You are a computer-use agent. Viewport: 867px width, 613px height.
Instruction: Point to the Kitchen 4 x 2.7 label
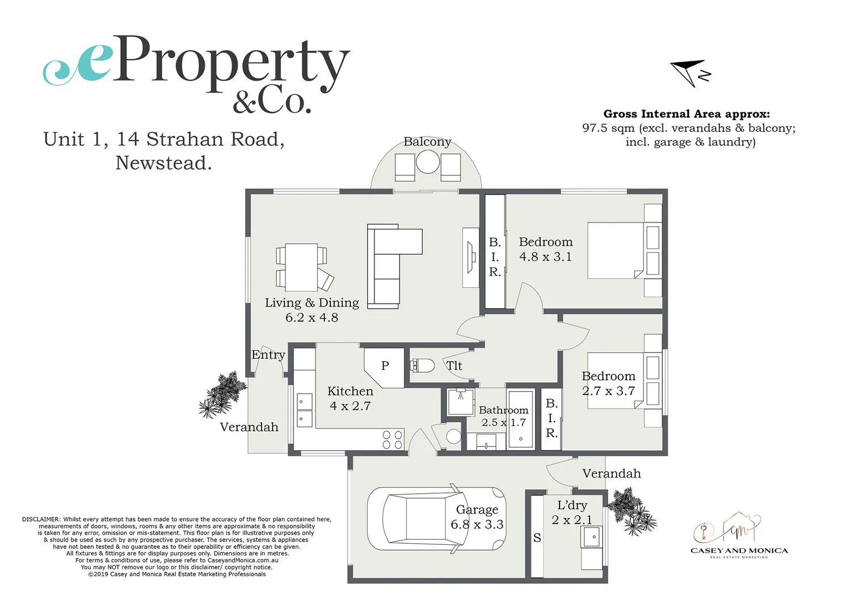350,398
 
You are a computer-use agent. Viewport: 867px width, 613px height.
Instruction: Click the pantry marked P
385,366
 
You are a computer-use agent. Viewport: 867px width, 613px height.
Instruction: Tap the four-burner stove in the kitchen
392,440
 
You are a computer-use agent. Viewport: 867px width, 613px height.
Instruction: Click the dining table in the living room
301,267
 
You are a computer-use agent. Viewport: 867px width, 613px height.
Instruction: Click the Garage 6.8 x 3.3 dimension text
477,524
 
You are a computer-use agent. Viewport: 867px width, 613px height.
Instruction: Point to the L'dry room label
572,505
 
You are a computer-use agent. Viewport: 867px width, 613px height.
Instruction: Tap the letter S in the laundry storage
537,538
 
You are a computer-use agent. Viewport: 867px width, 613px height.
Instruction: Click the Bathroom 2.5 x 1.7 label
503,416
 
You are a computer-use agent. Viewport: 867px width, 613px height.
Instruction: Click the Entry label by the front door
268,355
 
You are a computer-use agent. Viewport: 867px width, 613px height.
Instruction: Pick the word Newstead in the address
163,163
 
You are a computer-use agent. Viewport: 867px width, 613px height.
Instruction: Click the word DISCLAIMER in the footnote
41,519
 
